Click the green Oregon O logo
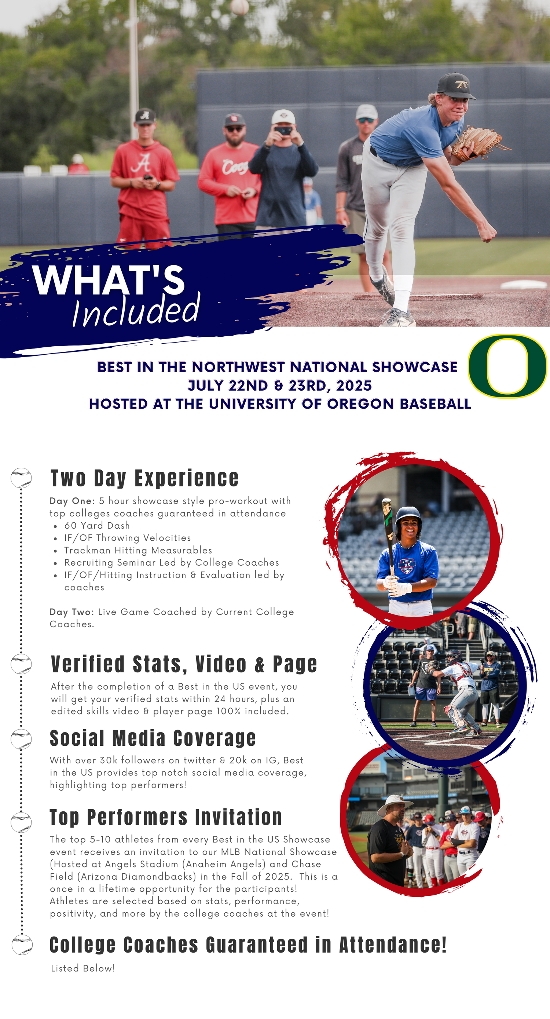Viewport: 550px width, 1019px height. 507,366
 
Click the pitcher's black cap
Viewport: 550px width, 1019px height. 456,85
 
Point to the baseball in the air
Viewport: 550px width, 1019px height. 239,7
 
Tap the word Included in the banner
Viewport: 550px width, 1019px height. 136,311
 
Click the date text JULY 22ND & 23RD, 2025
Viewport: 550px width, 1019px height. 279,385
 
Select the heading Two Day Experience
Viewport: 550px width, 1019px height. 145,478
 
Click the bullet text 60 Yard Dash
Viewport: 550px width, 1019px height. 97,525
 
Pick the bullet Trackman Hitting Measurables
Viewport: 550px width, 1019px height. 138,550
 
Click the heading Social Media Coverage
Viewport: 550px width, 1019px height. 153,738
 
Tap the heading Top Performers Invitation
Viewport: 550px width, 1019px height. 166,817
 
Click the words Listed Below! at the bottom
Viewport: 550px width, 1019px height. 82,968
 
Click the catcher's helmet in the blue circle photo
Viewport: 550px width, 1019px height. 453,657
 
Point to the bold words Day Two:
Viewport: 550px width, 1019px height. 71,612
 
